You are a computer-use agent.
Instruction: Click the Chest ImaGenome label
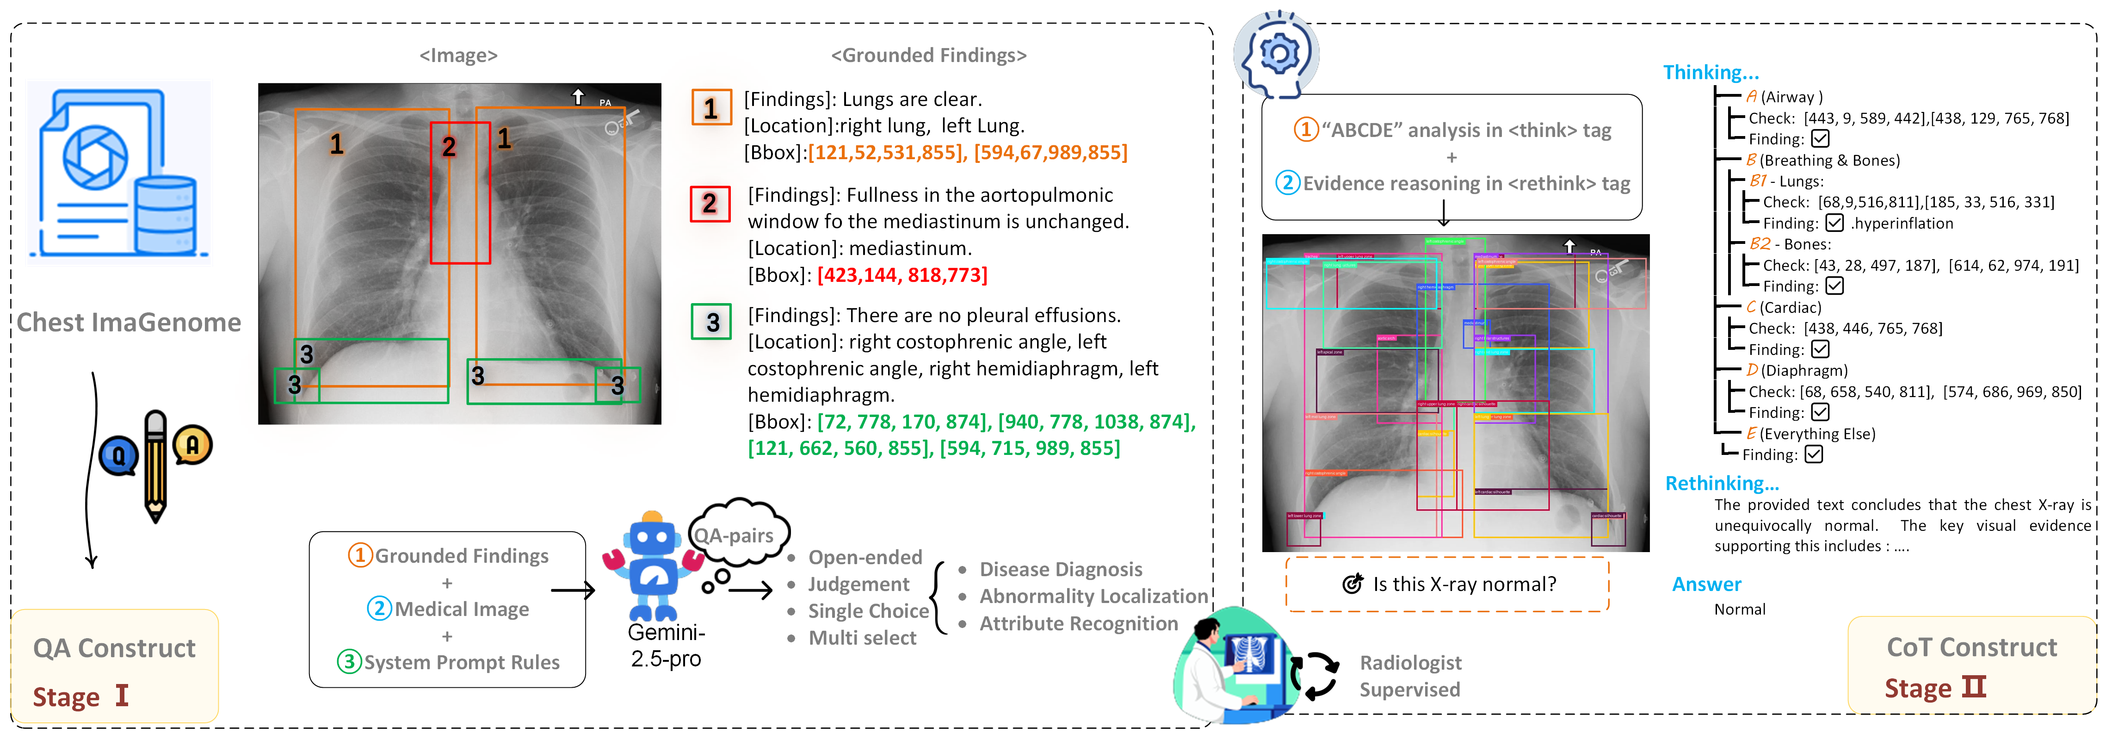coord(128,322)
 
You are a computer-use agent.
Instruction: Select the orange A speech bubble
coord(193,445)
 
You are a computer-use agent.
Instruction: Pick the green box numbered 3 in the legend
coord(711,322)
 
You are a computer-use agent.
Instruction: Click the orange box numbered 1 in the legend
coord(710,108)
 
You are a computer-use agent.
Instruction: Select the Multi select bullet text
coord(862,638)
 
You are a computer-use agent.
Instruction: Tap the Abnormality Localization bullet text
coord(1093,596)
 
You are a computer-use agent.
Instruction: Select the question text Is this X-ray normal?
coord(1464,584)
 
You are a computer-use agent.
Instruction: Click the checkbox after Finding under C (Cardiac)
coord(1820,349)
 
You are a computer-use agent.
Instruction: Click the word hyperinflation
coord(1903,223)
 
